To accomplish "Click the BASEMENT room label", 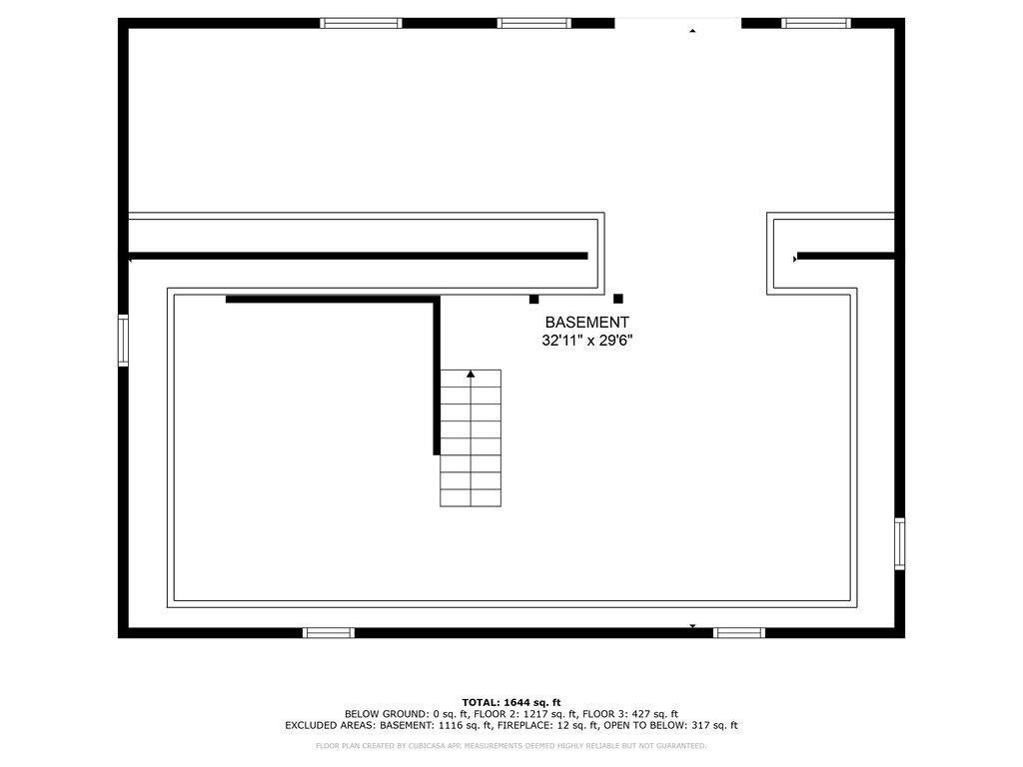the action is pyautogui.click(x=586, y=323).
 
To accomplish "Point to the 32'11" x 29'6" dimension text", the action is pyautogui.click(x=587, y=340).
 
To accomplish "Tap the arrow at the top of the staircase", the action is pyautogui.click(x=471, y=374).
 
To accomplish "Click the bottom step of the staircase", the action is pyautogui.click(x=471, y=497).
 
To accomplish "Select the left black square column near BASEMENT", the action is pyautogui.click(x=533, y=300).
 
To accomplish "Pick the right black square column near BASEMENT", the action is pyautogui.click(x=618, y=299).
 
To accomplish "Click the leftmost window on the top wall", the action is pyautogui.click(x=361, y=24).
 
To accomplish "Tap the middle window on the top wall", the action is pyautogui.click(x=534, y=24).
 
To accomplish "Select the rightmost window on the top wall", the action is pyautogui.click(x=816, y=24).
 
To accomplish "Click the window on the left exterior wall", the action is pyautogui.click(x=123, y=341).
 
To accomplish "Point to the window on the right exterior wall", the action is pyautogui.click(x=900, y=544).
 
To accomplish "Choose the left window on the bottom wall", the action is pyautogui.click(x=329, y=632).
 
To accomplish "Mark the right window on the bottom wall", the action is pyautogui.click(x=739, y=632).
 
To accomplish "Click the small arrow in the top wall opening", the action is pyautogui.click(x=692, y=30).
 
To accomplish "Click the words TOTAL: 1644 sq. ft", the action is pyautogui.click(x=511, y=702).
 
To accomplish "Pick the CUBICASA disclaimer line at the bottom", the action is pyautogui.click(x=511, y=745).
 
